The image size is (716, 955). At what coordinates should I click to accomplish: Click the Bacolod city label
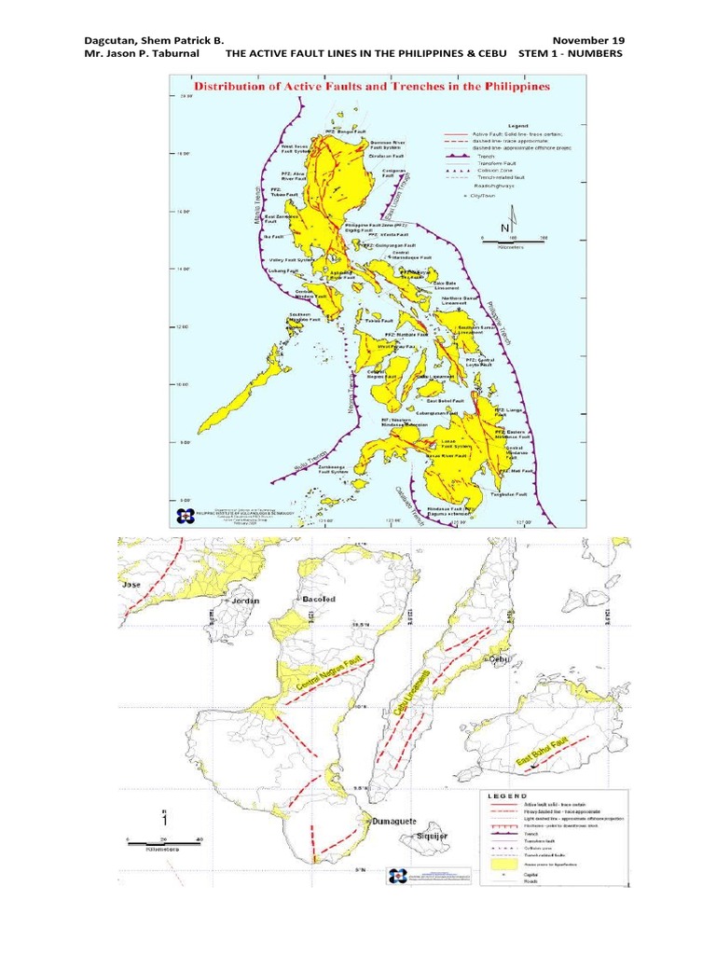319,599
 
